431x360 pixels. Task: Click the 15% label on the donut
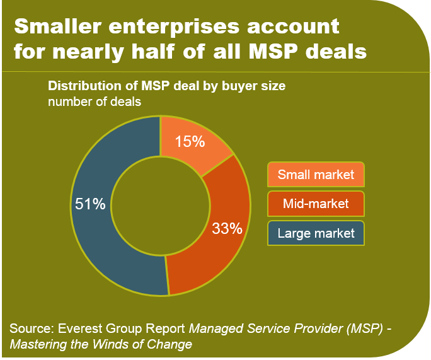(190, 141)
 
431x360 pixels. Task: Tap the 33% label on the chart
(227, 228)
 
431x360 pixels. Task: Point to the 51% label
(89, 205)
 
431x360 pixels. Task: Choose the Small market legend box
(316, 175)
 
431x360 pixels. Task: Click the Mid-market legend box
(316, 204)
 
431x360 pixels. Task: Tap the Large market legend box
(316, 233)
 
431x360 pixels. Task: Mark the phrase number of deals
(95, 101)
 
